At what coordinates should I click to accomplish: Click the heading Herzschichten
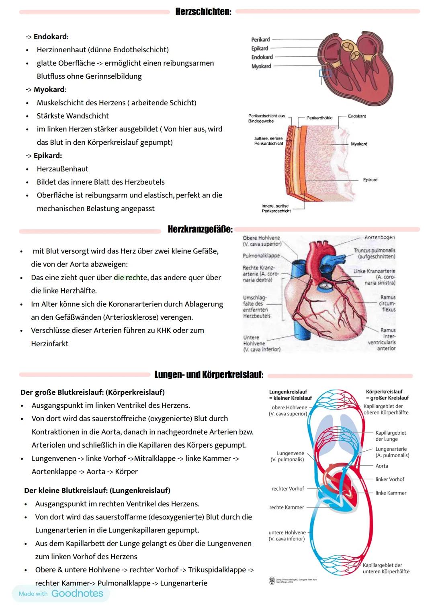pos(203,12)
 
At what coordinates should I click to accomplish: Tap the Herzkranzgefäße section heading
pos(200,229)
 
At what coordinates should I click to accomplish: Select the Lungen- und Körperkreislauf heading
pos(209,374)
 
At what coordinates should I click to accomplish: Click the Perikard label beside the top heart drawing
pos(260,39)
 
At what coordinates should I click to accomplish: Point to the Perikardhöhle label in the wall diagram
pos(319,118)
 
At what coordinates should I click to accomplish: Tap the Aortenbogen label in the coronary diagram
pos(379,237)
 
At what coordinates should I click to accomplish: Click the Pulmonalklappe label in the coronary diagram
pos(261,255)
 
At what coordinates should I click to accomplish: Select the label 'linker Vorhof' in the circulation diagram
pos(390,479)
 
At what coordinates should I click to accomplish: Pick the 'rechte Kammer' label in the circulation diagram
pos(287,507)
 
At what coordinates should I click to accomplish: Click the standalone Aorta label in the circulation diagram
pos(382,466)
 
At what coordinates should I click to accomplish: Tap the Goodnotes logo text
pos(77,593)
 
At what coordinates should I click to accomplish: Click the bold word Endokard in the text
pos(50,37)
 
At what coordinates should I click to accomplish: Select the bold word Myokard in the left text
pos(49,89)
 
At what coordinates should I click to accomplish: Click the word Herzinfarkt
pos(49,343)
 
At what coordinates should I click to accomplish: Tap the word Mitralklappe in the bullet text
pos(155,458)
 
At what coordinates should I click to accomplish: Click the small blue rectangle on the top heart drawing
pos(325,73)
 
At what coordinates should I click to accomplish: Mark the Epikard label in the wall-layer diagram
pos(370,180)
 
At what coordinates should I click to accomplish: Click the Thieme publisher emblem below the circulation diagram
pos(272,581)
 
